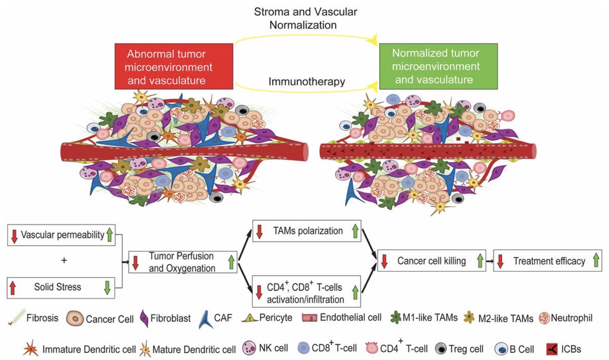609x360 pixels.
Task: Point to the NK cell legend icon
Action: click(250, 348)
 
